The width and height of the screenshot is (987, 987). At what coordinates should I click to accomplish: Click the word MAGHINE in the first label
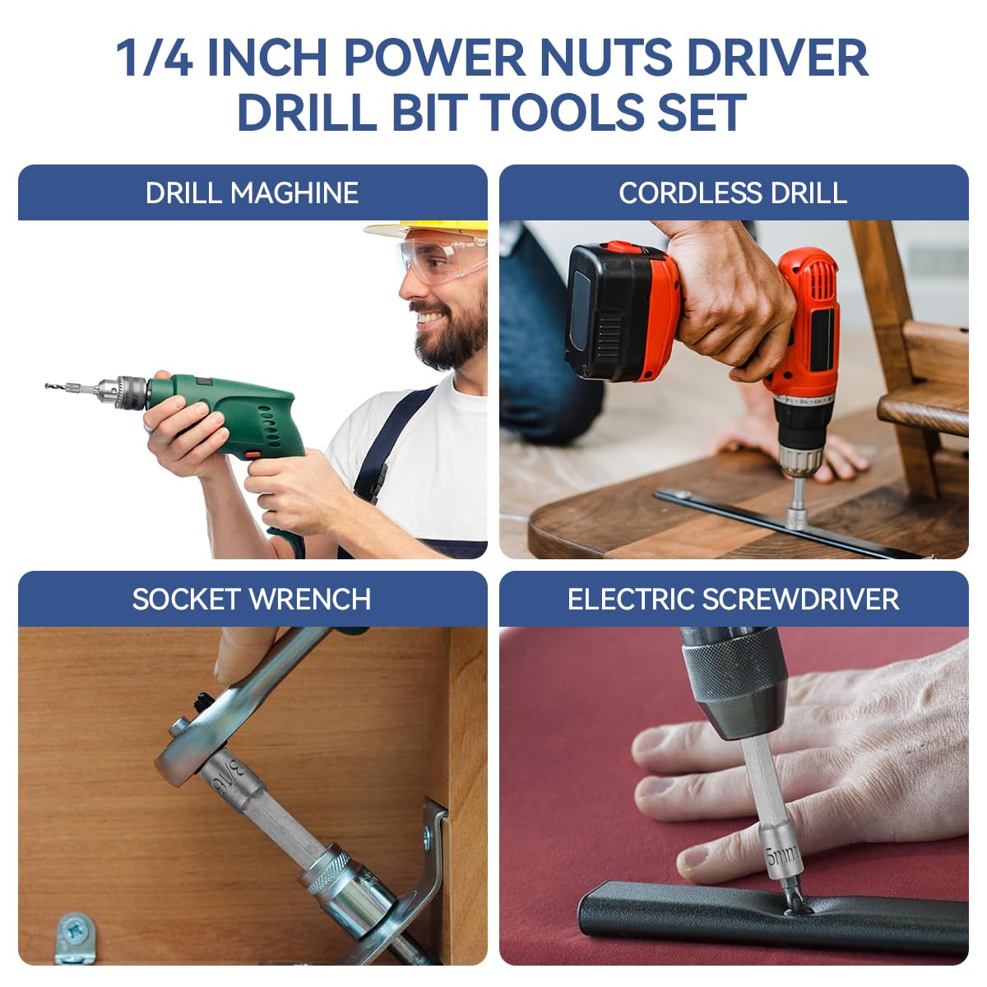(294, 193)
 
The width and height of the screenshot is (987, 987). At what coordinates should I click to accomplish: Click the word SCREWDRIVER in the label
(796, 600)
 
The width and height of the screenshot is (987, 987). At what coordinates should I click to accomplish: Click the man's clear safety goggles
(440, 257)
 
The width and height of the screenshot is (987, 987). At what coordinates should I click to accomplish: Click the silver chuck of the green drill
(123, 391)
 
